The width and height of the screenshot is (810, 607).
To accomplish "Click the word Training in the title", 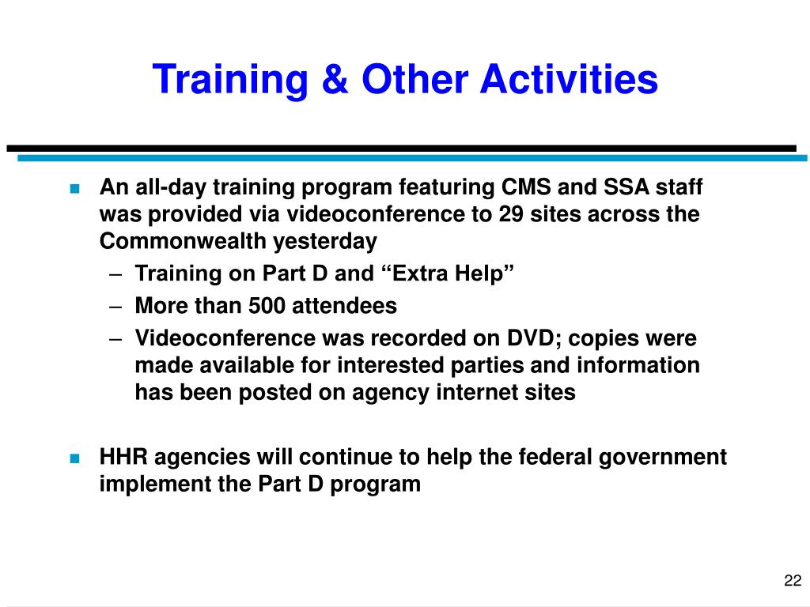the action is coord(230,80).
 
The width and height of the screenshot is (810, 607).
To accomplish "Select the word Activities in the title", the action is coord(570,79).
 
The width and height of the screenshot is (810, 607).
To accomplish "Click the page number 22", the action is coord(793,581).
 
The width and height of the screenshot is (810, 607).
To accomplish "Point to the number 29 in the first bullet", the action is coord(511,214).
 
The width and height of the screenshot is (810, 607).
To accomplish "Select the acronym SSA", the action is coord(626,187).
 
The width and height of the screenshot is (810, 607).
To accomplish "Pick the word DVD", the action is coord(533,338).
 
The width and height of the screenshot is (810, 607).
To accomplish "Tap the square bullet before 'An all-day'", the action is coord(75,188).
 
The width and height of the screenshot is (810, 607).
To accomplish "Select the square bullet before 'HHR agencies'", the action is coord(75,458).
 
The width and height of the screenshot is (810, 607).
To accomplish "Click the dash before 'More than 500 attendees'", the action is coord(115,307).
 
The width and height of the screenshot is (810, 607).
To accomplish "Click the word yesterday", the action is coord(325,242).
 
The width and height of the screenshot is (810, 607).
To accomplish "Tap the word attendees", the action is coord(345,306).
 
